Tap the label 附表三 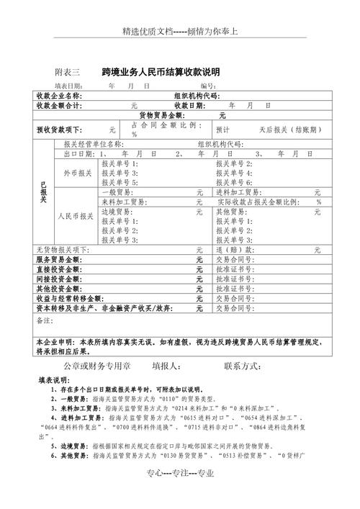tap(68, 73)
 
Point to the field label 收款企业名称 tap(59, 96)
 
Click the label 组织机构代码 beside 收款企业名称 tap(196, 96)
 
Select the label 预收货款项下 tap(60, 130)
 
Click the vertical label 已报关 tap(43, 192)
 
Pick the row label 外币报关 tap(77, 174)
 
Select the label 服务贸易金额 tap(58, 259)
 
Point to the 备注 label tap(44, 320)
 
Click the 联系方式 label tap(248, 366)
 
